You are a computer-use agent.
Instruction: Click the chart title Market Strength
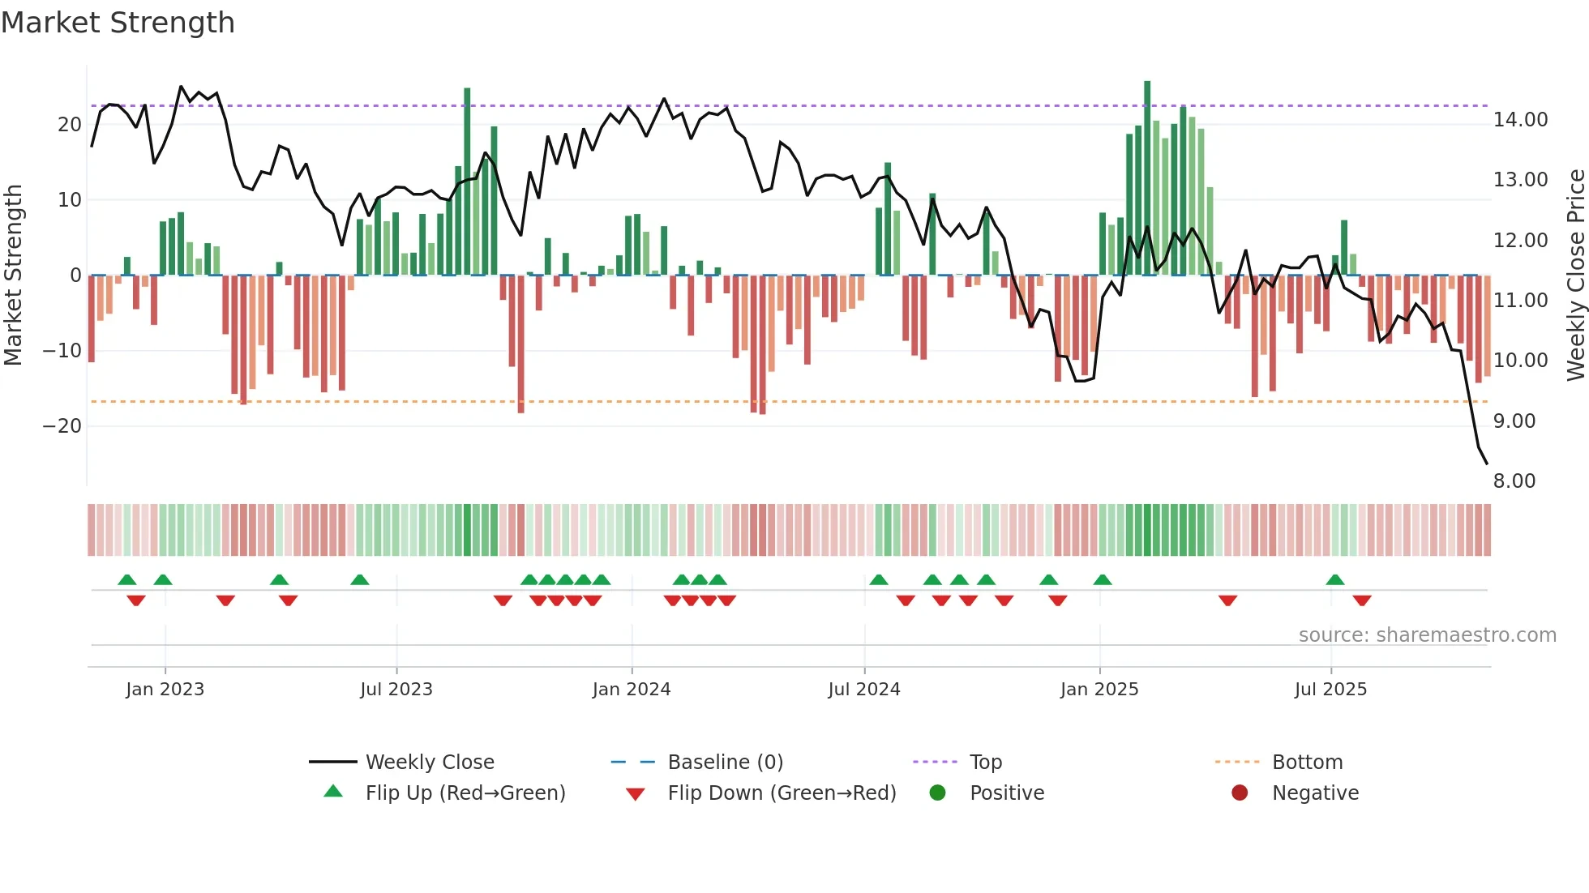click(118, 23)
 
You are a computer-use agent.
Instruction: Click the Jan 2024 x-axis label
click(632, 690)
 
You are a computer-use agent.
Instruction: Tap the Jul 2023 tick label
click(396, 690)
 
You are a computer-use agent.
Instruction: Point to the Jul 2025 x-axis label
click(1330, 690)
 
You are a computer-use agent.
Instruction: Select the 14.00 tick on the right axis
click(1520, 120)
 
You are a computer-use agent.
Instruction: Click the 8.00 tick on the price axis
click(1514, 481)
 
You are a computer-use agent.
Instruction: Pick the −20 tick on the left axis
click(62, 426)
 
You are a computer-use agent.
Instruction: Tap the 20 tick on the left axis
click(70, 125)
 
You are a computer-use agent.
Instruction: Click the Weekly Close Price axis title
click(1575, 276)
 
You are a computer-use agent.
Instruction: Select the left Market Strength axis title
click(14, 276)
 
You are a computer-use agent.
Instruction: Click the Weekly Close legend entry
click(429, 763)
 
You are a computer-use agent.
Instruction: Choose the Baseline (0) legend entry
click(725, 763)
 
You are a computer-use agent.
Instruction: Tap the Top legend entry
click(985, 763)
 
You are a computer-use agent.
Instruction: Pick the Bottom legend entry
click(1307, 763)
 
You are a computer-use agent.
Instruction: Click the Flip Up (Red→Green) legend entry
click(465, 793)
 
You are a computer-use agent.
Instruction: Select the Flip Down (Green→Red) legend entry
click(782, 793)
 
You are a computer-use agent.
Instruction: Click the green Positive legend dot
click(938, 793)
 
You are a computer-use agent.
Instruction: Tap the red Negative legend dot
click(1240, 793)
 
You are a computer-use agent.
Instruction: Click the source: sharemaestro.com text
click(1427, 635)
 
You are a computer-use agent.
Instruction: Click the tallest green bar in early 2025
click(1147, 178)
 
